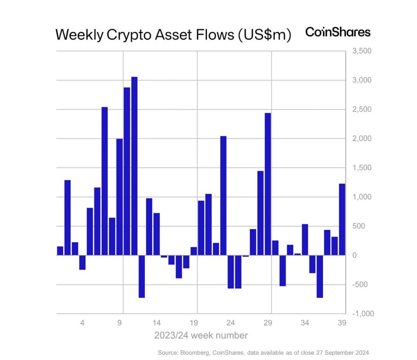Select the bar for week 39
click(x=342, y=220)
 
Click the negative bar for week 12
click(x=142, y=276)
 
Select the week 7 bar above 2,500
click(x=105, y=181)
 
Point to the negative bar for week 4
click(x=82, y=262)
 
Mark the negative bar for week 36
click(x=320, y=276)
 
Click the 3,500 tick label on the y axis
click(x=359, y=51)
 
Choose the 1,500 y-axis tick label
click(x=359, y=168)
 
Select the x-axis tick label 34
click(x=305, y=323)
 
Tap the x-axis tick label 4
click(x=82, y=323)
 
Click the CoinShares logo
click(x=338, y=33)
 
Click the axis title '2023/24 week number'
click(x=201, y=336)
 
